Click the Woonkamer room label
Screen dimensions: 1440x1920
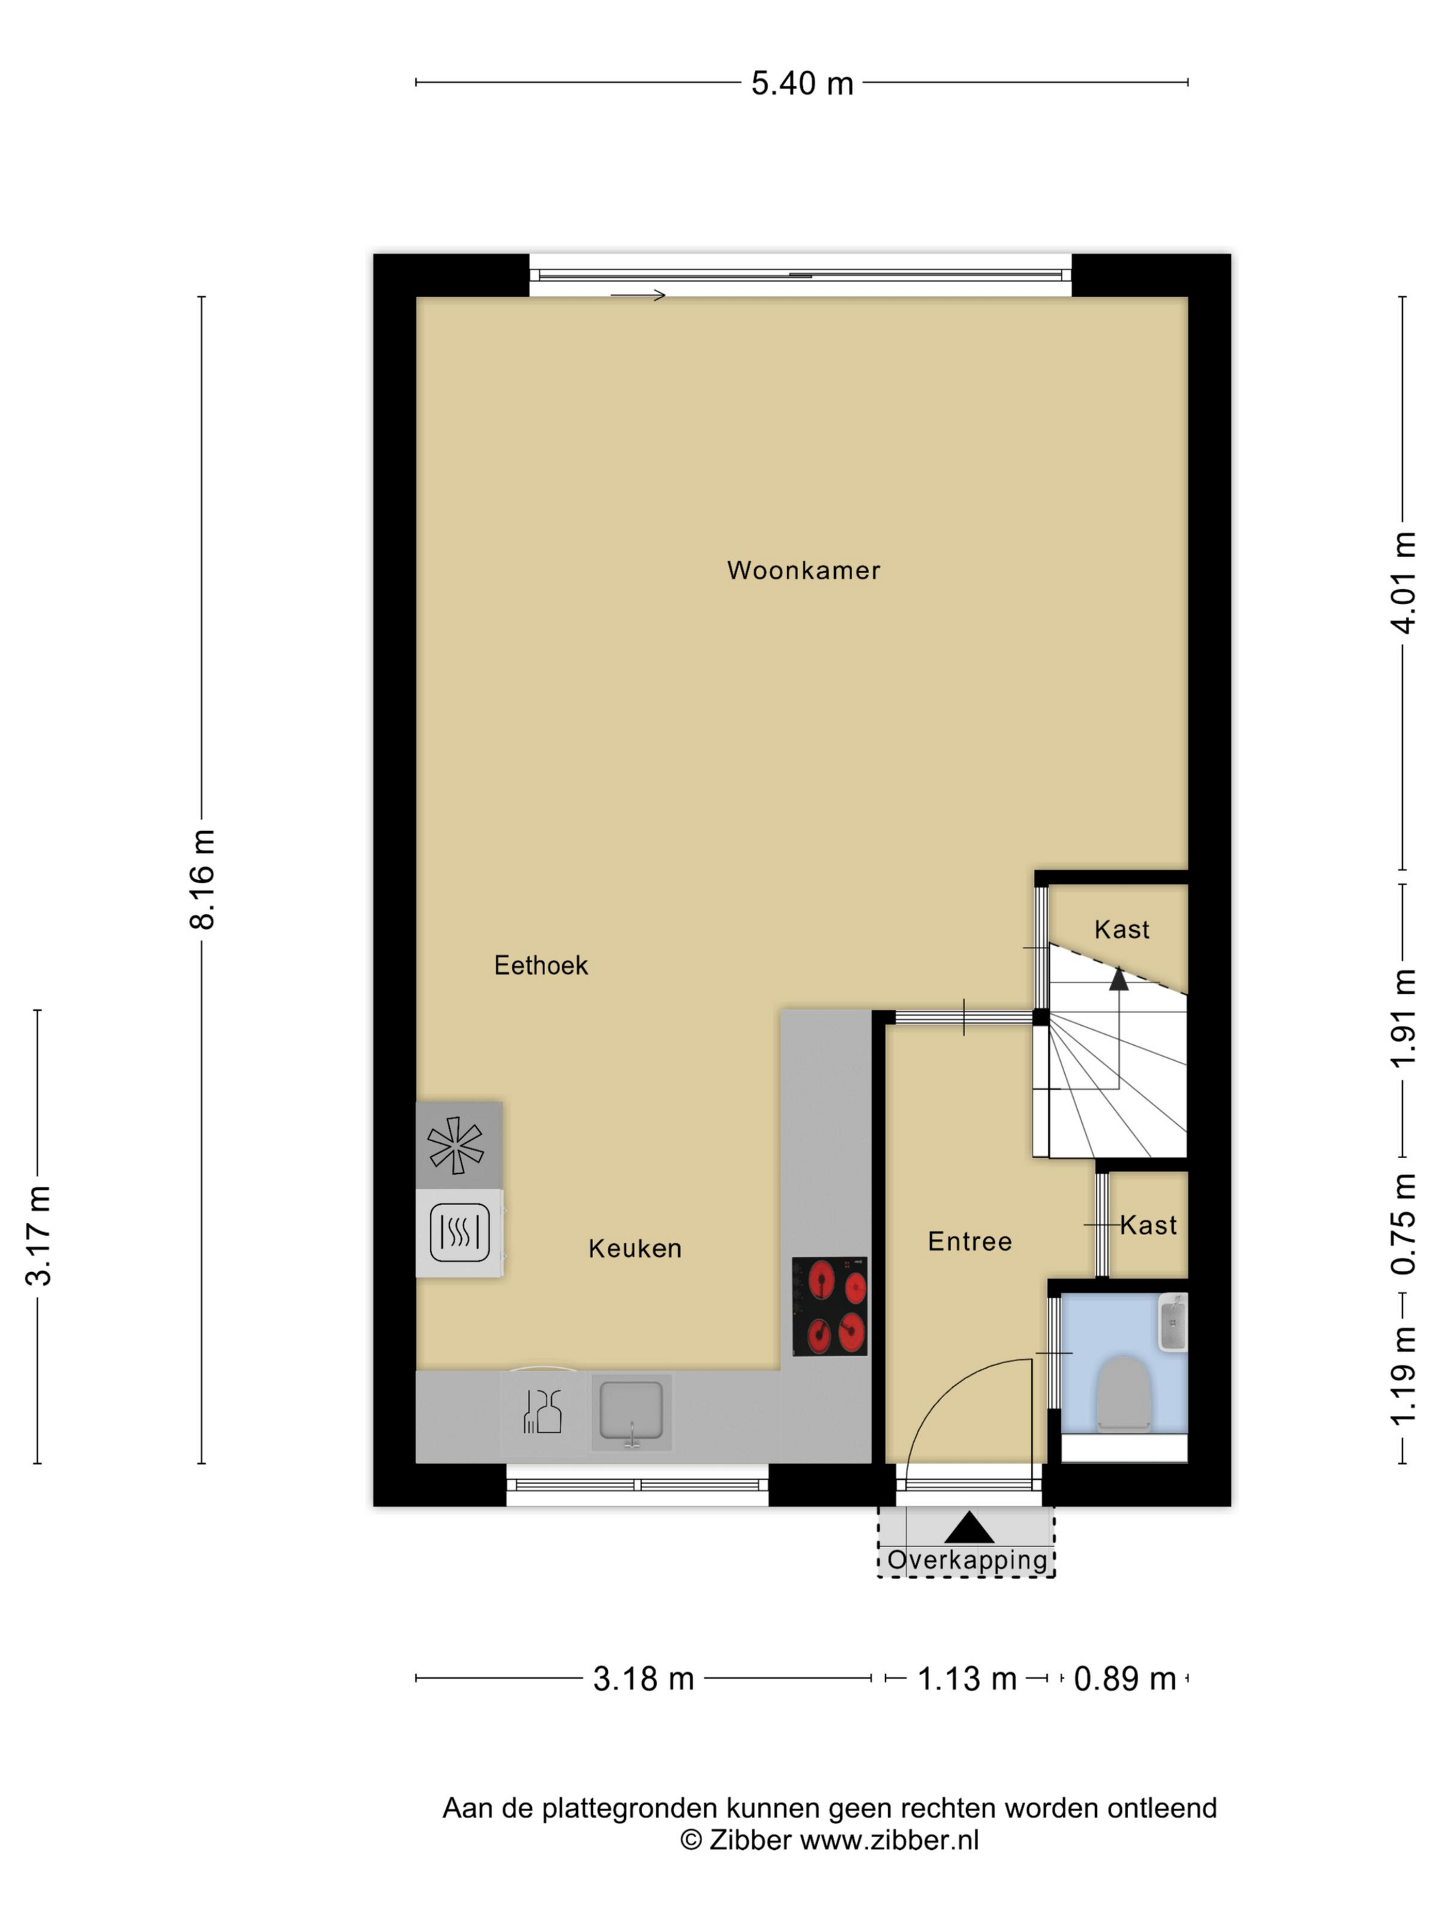803,571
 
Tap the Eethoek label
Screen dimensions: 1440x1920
541,965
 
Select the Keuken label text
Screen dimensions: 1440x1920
634,1248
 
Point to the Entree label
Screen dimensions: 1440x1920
970,1241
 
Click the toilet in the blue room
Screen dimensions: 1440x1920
1123,1391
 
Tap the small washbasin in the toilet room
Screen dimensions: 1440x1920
1173,1322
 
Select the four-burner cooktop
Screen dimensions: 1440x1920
830,1306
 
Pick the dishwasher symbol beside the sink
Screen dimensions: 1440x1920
542,1411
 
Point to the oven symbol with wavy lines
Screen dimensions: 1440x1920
459,1232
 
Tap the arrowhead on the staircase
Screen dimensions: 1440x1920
1119,979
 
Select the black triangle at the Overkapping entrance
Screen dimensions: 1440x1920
969,1528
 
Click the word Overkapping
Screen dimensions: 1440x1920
967,1560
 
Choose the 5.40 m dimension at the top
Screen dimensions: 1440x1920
802,84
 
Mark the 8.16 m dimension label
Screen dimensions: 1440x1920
202,879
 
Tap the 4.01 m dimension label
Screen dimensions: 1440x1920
1404,582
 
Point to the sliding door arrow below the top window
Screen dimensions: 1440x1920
638,295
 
